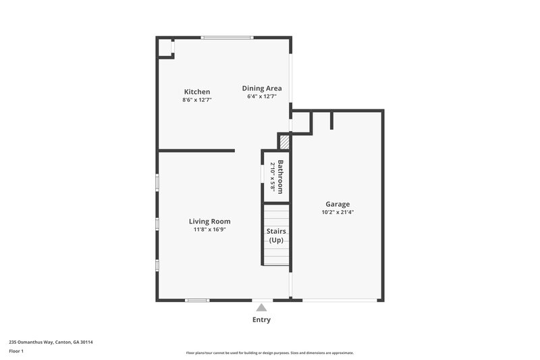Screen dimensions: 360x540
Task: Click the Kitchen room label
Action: tap(197, 92)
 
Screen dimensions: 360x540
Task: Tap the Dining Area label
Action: tap(262, 88)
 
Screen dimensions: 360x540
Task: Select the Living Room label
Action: tap(209, 221)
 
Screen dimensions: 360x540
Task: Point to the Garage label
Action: tap(337, 204)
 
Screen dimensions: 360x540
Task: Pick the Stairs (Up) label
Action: tap(277, 236)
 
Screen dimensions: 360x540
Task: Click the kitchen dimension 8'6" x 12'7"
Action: tap(197, 100)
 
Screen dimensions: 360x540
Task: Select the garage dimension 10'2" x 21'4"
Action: tap(338, 212)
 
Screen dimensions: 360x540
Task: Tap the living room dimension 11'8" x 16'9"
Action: tap(209, 229)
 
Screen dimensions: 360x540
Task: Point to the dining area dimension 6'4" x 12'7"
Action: tap(262, 97)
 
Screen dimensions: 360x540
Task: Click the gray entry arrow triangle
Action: tap(261, 307)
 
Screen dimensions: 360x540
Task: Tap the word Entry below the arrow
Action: tap(261, 319)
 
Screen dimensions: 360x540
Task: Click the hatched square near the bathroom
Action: tap(285, 142)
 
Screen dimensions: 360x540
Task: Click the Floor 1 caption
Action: tap(16, 351)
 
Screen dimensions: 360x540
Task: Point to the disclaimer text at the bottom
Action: tap(269, 353)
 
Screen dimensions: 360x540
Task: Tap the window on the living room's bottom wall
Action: tap(197, 300)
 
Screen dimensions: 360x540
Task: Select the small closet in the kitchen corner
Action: tap(165, 48)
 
